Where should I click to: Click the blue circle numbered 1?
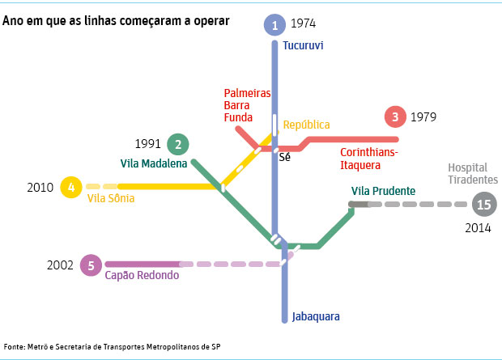(x=275, y=25)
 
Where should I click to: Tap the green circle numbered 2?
(x=177, y=145)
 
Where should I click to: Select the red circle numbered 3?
(x=395, y=117)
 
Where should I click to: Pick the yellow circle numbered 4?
(x=71, y=188)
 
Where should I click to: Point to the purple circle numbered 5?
(x=91, y=265)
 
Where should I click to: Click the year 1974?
(x=304, y=24)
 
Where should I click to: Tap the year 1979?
(x=423, y=117)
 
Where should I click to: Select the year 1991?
(x=148, y=145)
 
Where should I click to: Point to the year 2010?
(x=40, y=188)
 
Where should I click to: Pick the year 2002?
(x=61, y=265)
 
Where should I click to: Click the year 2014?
(x=478, y=228)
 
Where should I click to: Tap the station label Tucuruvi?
(x=303, y=45)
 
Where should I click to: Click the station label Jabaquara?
(x=316, y=316)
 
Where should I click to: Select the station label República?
(x=306, y=125)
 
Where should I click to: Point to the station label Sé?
(x=284, y=157)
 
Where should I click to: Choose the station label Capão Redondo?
(x=141, y=275)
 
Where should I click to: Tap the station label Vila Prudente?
(x=383, y=192)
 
